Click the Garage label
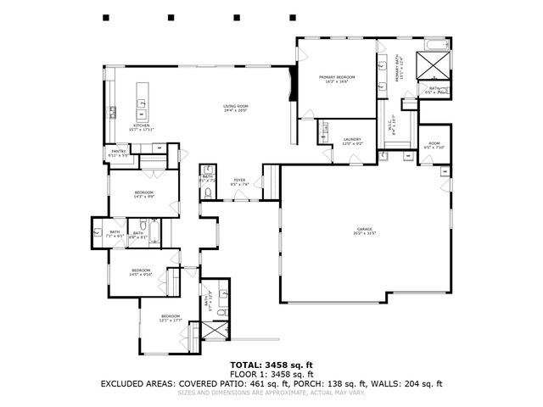tap(365, 230)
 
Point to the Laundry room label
tap(353, 140)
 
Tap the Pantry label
tap(119, 153)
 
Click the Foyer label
tap(240, 181)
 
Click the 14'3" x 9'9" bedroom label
tap(143, 194)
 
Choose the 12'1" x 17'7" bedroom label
tap(172, 318)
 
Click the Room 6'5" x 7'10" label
tap(434, 145)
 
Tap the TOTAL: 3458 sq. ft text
tap(271, 363)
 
